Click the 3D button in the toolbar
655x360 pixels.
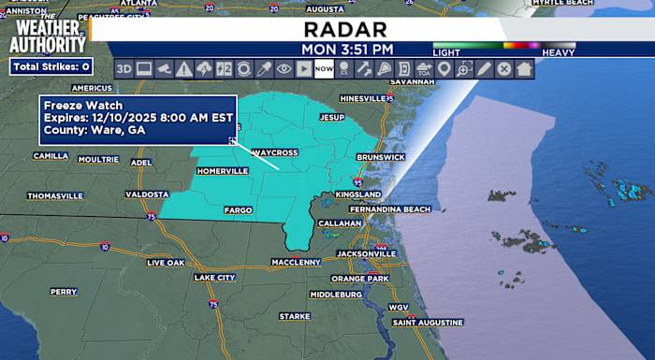tap(124, 68)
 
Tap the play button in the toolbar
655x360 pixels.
tap(303, 68)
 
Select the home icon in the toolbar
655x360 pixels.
tap(524, 68)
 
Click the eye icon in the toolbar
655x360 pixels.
tap(284, 68)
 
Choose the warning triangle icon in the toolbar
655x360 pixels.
tap(183, 68)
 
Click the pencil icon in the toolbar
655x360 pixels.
tap(484, 68)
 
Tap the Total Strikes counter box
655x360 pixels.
tap(51, 66)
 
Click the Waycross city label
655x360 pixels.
tap(274, 151)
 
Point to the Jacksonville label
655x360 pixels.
tap(366, 253)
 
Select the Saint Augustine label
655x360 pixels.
tap(428, 323)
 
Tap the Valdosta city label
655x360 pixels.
tap(146, 194)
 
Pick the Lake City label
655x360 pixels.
tap(214, 278)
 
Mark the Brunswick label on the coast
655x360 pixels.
tap(380, 157)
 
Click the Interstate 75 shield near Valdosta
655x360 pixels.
tap(151, 217)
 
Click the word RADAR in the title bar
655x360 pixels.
tap(347, 29)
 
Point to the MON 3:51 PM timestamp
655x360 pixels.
tap(347, 49)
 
